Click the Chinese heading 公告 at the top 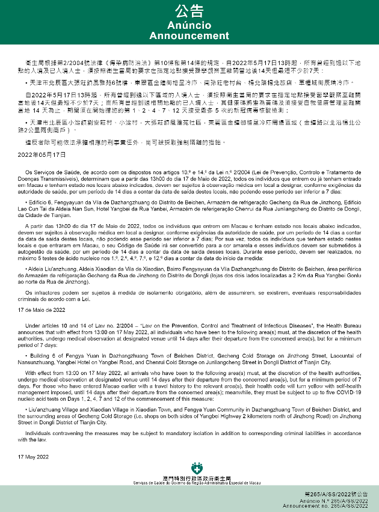[189, 11]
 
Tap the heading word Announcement [189, 35]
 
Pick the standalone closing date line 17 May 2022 [33, 457]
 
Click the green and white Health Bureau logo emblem [196, 468]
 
